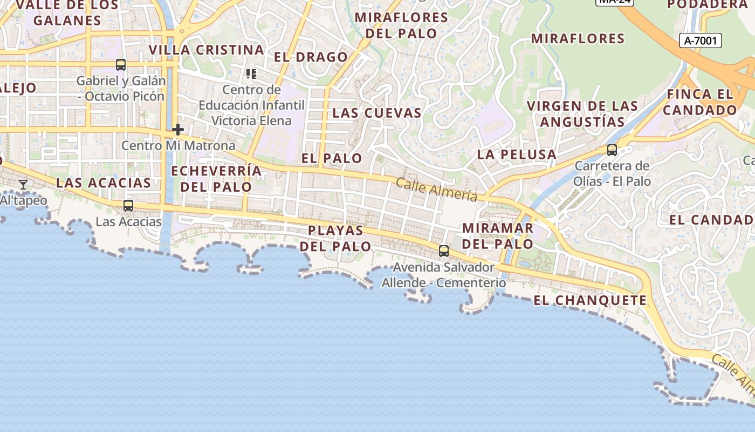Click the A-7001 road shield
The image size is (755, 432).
[x=700, y=40]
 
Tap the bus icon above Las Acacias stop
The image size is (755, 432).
[x=128, y=206]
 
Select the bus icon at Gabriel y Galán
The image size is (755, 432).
[x=121, y=65]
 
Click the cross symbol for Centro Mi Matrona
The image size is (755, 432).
[x=178, y=130]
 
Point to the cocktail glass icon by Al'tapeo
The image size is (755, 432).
[x=23, y=185]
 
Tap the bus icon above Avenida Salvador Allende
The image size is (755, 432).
[x=444, y=251]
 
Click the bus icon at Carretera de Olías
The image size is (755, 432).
[x=612, y=150]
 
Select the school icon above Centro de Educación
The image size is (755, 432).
[x=251, y=73]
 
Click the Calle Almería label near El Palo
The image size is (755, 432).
[x=437, y=190]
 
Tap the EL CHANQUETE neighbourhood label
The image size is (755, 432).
[x=590, y=300]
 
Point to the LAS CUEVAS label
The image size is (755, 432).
[x=376, y=113]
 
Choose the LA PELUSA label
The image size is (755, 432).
[x=517, y=154]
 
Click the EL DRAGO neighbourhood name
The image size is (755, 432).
[x=311, y=57]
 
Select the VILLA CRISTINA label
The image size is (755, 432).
[x=206, y=50]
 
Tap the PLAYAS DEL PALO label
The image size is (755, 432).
[x=335, y=238]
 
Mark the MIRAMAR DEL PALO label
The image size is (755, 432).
[x=498, y=235]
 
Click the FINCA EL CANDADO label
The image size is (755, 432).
[x=700, y=102]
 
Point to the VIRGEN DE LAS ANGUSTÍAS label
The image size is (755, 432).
[x=582, y=113]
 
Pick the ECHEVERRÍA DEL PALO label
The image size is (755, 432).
[x=216, y=179]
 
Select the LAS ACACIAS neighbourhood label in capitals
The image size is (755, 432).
[x=104, y=183]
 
